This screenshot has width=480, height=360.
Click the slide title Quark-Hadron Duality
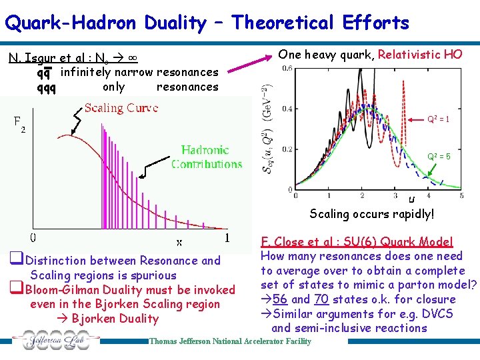[x=207, y=23]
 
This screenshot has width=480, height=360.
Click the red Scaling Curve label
[x=121, y=108]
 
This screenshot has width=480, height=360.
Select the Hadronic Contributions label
[x=207, y=157]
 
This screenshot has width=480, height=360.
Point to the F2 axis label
[x=20, y=124]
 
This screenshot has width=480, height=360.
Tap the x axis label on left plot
[x=179, y=241]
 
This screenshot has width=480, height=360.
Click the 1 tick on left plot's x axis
[x=227, y=237]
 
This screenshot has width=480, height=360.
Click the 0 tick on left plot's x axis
[x=32, y=238]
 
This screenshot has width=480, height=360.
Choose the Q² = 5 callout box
[x=439, y=157]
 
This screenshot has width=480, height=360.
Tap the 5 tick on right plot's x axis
[x=461, y=195]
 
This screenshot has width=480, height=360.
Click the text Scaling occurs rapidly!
[x=371, y=214]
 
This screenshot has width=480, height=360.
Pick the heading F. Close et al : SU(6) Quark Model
[x=357, y=242]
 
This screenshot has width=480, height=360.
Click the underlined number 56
[x=281, y=299]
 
